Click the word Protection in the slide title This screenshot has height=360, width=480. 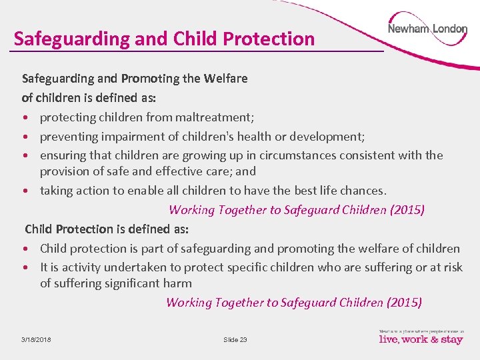point(269,39)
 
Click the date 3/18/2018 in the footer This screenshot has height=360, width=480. point(36,340)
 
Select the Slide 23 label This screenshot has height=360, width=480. point(235,340)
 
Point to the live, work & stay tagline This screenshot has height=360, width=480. point(421,339)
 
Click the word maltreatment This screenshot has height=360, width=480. point(214,117)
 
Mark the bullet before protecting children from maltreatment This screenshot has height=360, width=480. point(25,118)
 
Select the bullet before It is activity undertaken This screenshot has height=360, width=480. point(25,267)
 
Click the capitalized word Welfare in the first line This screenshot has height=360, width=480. point(225,79)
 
